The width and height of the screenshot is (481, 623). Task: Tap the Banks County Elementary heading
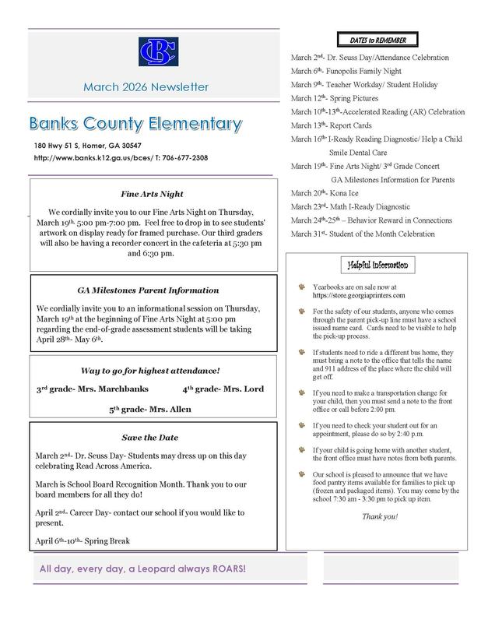coord(136,125)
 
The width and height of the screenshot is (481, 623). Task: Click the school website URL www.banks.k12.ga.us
coord(93,158)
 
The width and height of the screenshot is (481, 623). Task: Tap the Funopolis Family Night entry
coord(336,72)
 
